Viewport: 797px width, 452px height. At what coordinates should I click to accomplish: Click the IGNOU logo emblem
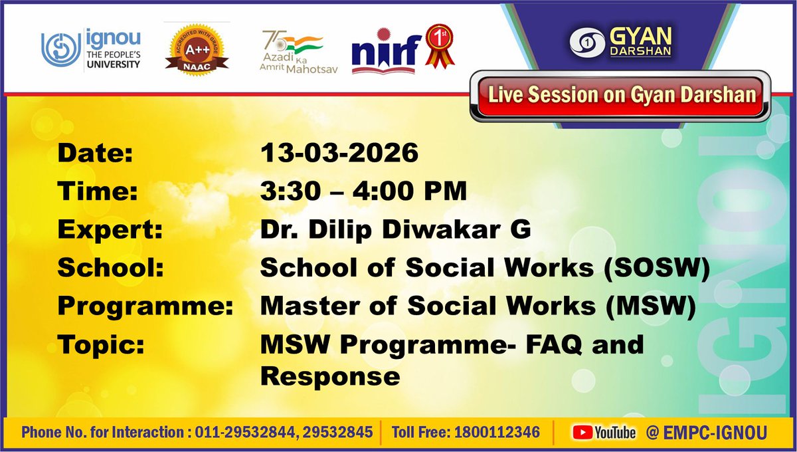(x=60, y=51)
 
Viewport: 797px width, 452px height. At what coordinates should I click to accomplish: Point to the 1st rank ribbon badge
(x=440, y=48)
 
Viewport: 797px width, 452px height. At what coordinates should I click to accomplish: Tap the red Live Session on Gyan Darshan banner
(x=622, y=94)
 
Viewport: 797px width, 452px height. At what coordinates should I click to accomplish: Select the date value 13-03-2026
(x=339, y=154)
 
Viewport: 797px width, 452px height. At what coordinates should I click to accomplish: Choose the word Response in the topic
(x=329, y=376)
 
